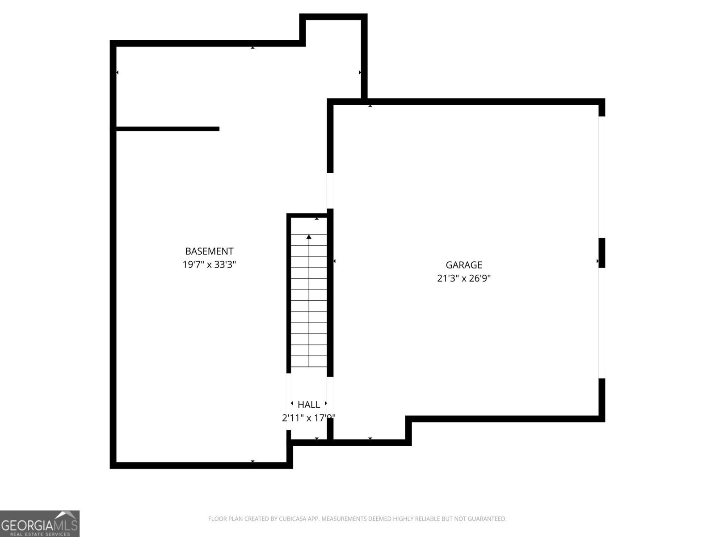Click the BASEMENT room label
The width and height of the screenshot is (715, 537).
(x=209, y=251)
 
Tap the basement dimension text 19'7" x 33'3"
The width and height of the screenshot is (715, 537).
(x=209, y=264)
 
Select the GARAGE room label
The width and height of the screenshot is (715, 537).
(x=464, y=265)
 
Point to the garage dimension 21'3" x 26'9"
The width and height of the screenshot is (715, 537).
(x=464, y=278)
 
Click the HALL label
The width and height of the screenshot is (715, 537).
(x=309, y=405)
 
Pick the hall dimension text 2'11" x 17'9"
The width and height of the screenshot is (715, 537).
(x=309, y=418)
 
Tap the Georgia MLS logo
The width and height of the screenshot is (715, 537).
(x=40, y=523)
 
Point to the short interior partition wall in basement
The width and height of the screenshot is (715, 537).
(x=168, y=129)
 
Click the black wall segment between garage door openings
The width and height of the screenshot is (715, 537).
(x=601, y=253)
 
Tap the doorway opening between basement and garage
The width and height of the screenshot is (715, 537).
(x=330, y=190)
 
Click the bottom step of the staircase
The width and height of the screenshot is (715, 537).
(x=309, y=361)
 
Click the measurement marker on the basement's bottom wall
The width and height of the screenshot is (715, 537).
(x=252, y=461)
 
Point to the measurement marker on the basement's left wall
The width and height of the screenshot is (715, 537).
(x=117, y=72)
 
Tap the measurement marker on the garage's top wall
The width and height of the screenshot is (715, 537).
(x=370, y=106)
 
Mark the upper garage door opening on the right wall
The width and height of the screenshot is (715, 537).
(x=601, y=177)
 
